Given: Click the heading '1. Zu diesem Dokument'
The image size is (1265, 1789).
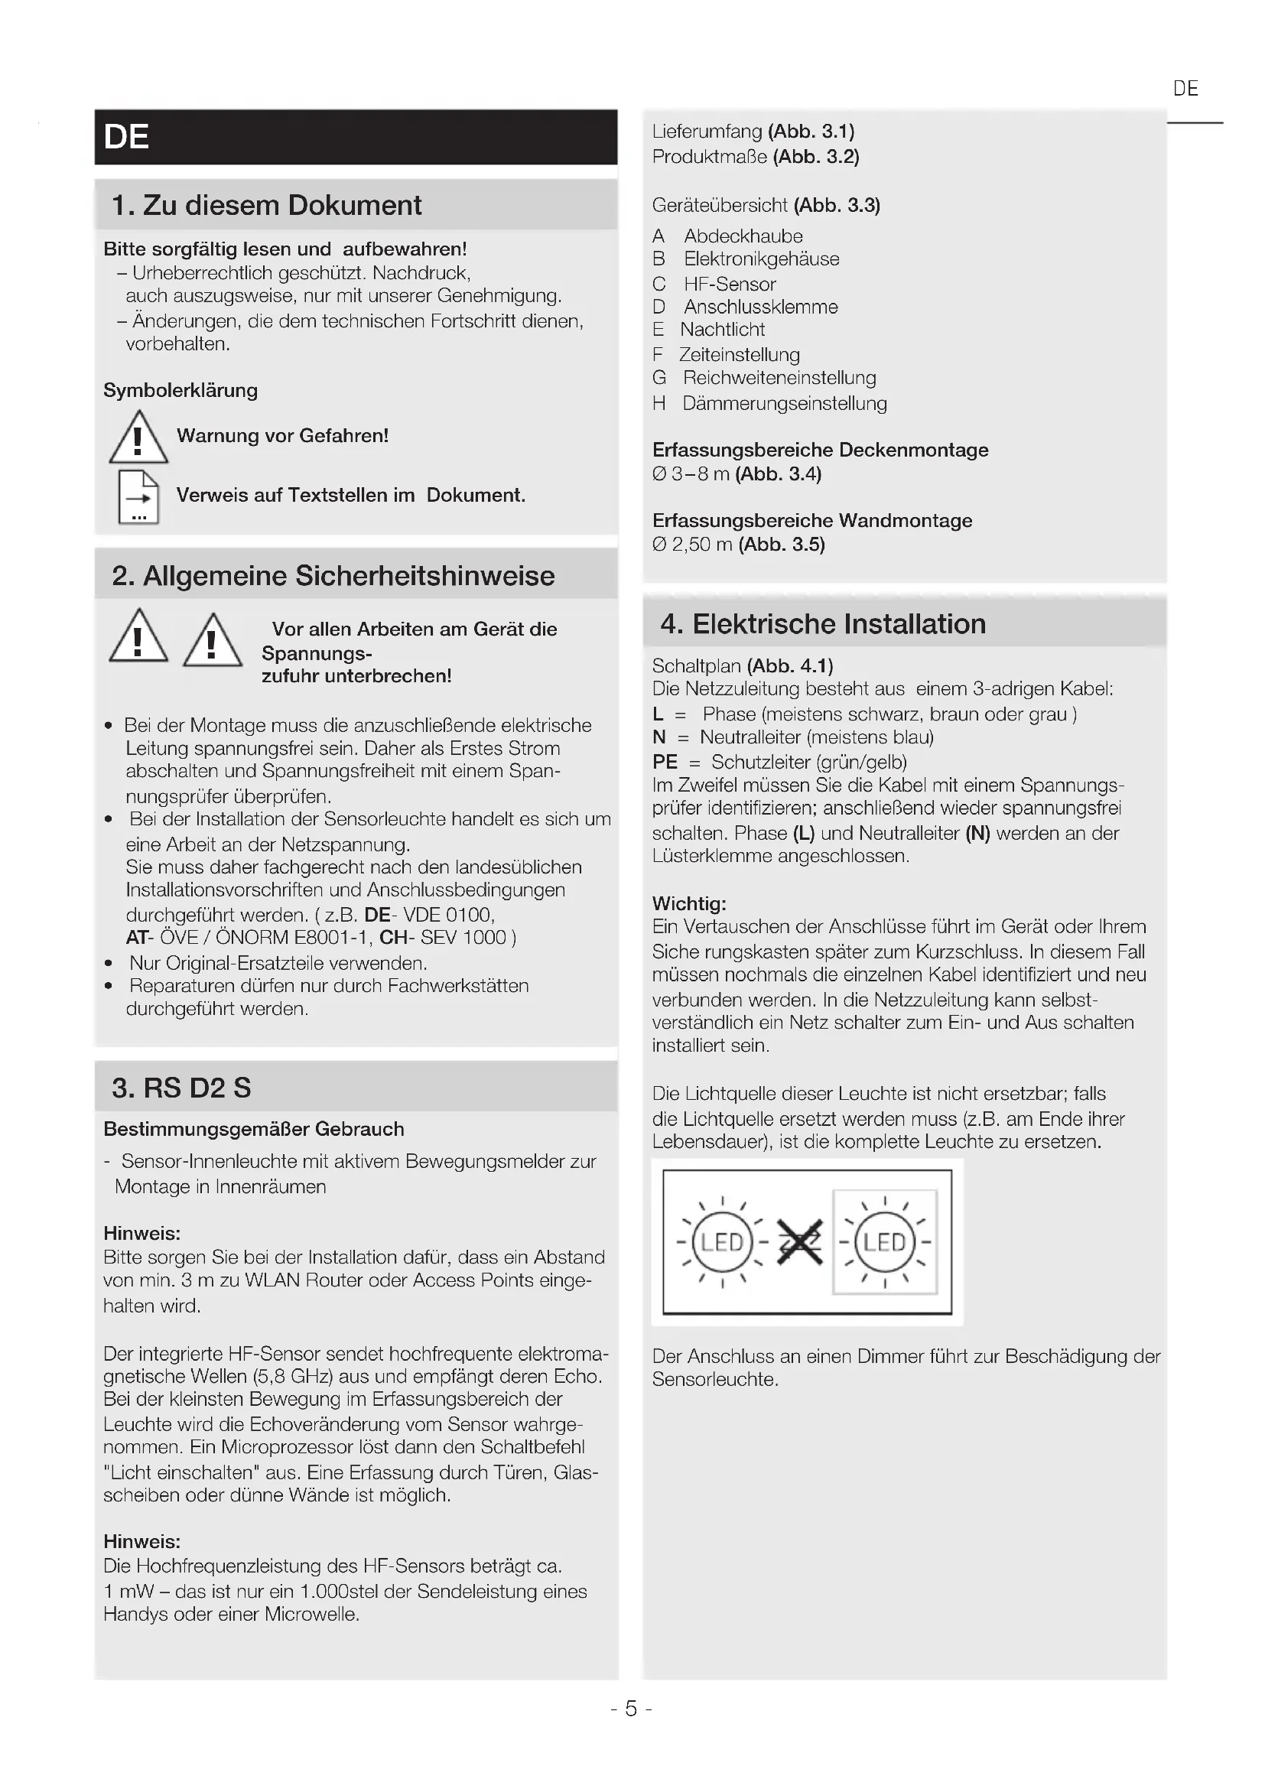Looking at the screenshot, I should click(266, 206).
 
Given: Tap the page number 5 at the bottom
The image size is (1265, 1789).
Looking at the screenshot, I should click(631, 1709).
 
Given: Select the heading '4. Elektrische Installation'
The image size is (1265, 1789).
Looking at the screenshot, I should click(823, 624).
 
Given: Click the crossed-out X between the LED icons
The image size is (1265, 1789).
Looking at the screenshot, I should click(800, 1242).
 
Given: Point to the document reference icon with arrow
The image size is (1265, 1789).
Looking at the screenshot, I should click(138, 496).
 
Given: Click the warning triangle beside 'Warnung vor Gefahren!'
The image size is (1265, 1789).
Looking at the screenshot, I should click(138, 438).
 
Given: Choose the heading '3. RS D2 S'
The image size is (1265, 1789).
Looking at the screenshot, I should click(181, 1088).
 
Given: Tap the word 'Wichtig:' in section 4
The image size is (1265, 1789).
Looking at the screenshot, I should click(688, 904).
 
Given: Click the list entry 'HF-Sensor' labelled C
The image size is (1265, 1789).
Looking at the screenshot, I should click(729, 285).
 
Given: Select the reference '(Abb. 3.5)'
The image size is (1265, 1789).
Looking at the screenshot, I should click(782, 545).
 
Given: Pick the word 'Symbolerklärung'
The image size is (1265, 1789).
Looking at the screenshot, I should click(180, 390).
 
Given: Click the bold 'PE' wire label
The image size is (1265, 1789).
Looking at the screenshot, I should click(665, 762).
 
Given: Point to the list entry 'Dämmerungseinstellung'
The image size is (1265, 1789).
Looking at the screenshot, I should click(785, 404).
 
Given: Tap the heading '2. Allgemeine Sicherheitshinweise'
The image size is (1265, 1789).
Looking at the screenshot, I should click(333, 576).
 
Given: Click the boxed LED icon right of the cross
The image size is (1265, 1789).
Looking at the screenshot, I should click(885, 1242).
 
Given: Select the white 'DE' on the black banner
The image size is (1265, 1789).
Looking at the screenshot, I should click(126, 137).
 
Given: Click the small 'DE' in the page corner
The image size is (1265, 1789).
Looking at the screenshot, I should click(1185, 89).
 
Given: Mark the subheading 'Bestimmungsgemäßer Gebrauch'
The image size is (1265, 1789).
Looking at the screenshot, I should click(254, 1129).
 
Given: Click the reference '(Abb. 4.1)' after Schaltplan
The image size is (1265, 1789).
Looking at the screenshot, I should click(790, 666).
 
